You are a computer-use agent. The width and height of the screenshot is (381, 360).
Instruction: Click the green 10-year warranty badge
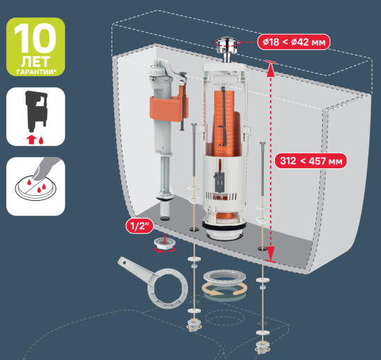coord(35,46)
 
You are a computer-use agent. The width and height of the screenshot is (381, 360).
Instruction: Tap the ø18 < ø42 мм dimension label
coord(294,42)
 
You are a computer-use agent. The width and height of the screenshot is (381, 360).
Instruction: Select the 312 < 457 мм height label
coord(311,161)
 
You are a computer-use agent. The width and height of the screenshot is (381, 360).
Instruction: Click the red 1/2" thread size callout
coord(139,226)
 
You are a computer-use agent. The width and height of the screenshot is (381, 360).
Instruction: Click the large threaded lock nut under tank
coord(224,278)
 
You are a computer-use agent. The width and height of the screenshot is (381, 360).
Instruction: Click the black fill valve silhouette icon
coord(36,111)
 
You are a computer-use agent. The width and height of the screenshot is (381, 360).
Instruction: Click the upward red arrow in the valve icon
coord(31,140)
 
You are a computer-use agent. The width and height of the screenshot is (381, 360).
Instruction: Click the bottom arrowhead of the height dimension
coord(270,253)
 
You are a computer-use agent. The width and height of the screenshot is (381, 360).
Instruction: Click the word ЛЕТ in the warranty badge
coord(35,62)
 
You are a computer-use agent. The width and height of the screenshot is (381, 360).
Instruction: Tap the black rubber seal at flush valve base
coord(224,226)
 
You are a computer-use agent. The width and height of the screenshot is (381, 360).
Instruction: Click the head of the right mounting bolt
coord(263,144)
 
